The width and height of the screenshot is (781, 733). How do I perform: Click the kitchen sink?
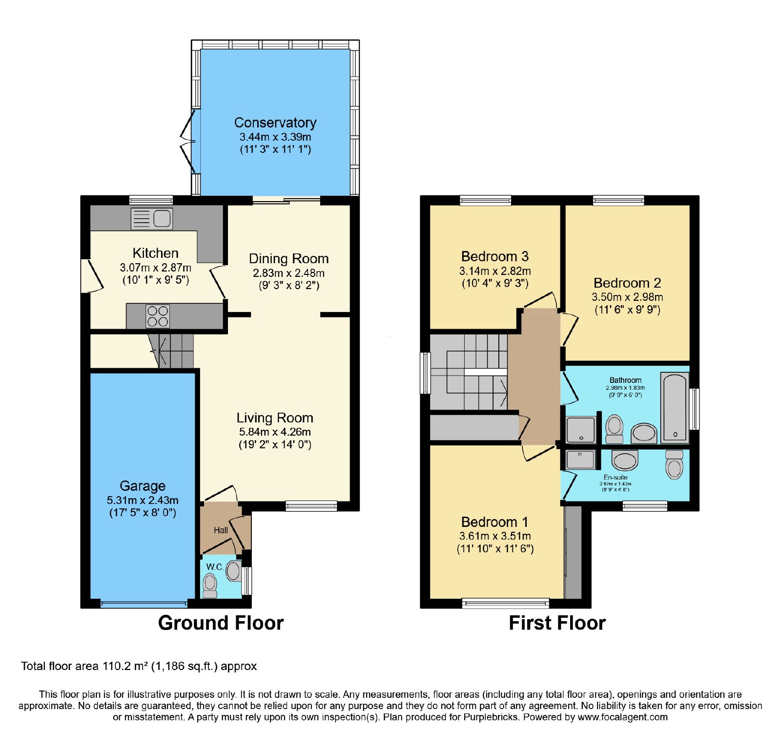click(152, 218)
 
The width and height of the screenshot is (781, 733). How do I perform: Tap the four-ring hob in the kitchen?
click(158, 316)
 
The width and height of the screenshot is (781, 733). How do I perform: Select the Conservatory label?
click(275, 123)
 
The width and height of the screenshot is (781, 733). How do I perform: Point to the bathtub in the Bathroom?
click(675, 407)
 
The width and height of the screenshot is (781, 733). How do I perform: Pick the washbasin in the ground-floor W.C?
click(234, 571)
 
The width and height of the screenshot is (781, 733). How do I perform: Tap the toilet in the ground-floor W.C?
click(210, 586)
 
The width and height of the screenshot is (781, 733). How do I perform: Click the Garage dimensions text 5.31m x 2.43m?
click(143, 500)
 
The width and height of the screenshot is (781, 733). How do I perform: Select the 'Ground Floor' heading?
click(221, 623)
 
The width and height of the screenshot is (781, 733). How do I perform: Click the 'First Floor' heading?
click(557, 623)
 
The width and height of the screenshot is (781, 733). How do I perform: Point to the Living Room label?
click(275, 418)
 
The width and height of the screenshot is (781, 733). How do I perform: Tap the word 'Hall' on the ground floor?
click(221, 530)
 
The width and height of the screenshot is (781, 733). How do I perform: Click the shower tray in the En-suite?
click(580, 460)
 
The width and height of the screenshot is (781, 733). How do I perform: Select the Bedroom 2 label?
click(627, 283)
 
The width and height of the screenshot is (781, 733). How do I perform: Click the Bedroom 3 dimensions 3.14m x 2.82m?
click(495, 271)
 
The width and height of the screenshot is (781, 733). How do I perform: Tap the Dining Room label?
click(288, 259)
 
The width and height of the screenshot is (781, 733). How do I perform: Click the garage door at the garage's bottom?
click(144, 604)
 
